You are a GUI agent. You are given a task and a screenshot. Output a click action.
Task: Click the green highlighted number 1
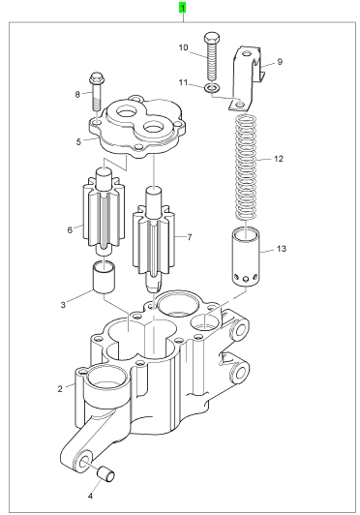pos(182,8)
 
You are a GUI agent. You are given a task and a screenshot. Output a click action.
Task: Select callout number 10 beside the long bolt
pos(183,47)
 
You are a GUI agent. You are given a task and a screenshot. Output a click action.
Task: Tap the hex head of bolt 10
pos(212,38)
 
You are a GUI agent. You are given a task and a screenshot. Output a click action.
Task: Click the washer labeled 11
pos(212,88)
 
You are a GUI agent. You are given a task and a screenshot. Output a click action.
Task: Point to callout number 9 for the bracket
pos(280,62)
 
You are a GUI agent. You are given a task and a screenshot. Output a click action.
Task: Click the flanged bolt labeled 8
pos(96,92)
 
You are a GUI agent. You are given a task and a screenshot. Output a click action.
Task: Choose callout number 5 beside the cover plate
pos(78,142)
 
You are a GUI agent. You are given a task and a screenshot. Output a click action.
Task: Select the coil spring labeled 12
pos(247,167)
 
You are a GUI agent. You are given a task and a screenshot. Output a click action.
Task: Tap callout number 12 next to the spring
pos(278,159)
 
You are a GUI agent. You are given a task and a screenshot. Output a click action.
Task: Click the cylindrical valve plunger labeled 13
pos(247,257)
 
